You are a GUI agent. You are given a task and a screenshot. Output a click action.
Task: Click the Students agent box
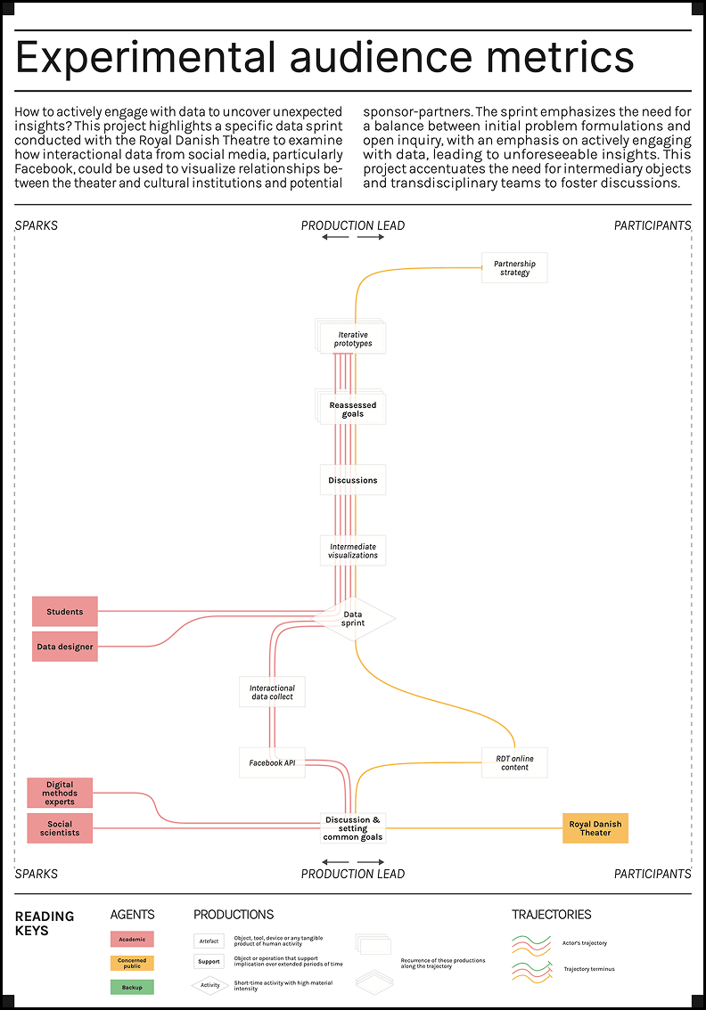tap(65, 612)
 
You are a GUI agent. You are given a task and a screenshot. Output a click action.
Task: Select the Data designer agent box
tap(65, 647)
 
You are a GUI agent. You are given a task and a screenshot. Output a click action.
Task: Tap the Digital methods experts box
tap(60, 793)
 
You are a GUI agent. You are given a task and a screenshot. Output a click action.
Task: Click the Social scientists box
tap(60, 828)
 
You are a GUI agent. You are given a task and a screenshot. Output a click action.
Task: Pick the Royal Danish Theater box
tap(595, 828)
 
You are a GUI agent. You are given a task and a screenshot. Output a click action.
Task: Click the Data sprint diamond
tap(353, 618)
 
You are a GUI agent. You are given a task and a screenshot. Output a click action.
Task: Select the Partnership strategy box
tap(514, 268)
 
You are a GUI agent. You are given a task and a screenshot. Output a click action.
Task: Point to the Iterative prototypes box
tap(353, 339)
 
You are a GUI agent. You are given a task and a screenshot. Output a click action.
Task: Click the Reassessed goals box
tap(353, 410)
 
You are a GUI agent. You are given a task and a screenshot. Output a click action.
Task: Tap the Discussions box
tap(353, 480)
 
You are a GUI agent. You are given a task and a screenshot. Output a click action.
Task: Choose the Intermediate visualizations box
tap(353, 550)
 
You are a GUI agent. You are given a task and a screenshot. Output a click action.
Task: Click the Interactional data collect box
tap(272, 692)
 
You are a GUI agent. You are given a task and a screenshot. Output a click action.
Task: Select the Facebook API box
tap(272, 762)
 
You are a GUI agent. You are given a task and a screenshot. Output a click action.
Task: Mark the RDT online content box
tap(514, 762)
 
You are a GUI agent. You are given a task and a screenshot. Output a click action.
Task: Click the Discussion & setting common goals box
tap(353, 828)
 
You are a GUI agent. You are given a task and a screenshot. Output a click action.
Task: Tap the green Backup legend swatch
tap(132, 987)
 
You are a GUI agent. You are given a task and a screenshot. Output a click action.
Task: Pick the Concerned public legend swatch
tap(132, 963)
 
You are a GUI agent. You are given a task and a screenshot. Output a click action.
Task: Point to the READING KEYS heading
tap(45, 923)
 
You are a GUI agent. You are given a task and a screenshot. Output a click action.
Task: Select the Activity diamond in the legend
tap(209, 985)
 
